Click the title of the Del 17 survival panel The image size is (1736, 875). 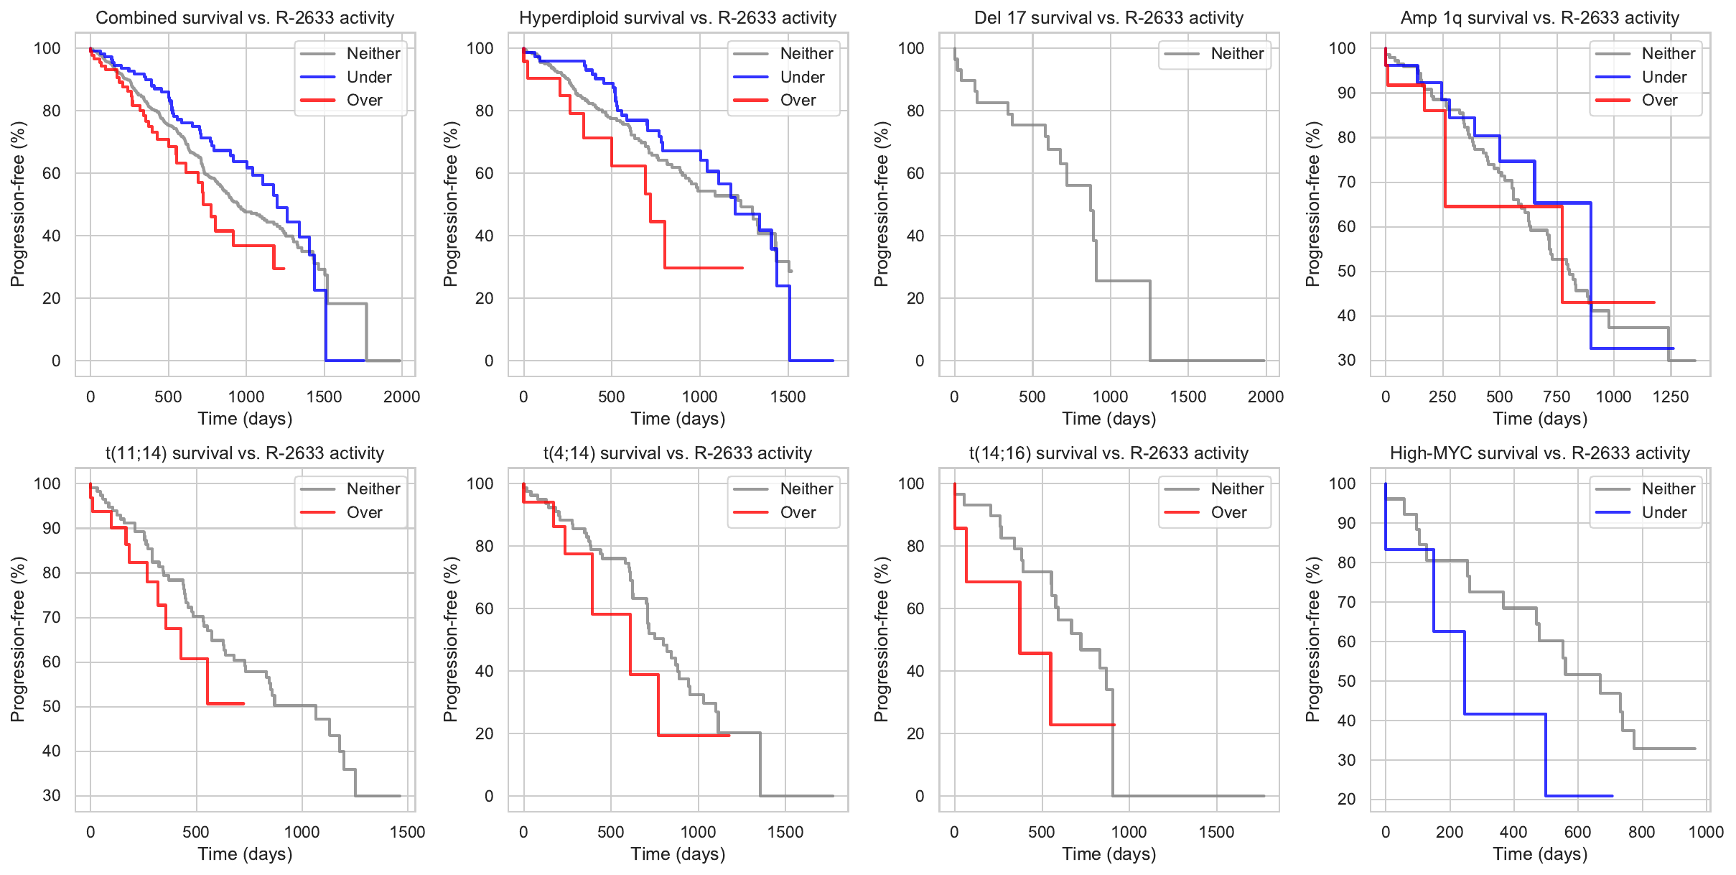point(1109,18)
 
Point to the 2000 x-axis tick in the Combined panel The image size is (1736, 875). point(401,397)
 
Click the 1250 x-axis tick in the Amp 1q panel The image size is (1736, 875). point(1671,397)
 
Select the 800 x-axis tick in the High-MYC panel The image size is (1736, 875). point(1641,832)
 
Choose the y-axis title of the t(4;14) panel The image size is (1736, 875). point(450,639)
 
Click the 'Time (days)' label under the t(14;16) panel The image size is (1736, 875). point(1109,854)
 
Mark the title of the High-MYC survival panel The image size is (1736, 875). point(1539,453)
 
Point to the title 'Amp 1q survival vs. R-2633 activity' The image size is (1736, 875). point(1539,18)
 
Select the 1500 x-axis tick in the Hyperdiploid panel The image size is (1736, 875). point(788,397)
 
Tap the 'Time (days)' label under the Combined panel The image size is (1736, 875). point(245,419)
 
